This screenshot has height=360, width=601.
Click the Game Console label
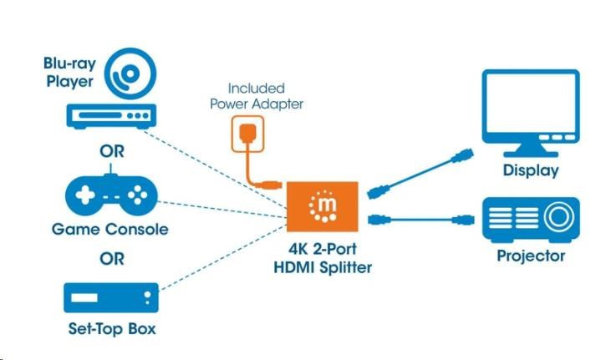110,229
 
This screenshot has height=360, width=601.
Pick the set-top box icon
111,297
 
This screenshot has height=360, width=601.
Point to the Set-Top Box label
111,328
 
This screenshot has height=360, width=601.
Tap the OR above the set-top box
111,258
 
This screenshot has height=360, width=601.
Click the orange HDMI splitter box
323,206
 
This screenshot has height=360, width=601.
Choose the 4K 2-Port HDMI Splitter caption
322,258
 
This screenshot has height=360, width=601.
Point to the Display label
531,170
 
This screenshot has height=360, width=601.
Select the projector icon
531,219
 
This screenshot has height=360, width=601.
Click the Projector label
531,256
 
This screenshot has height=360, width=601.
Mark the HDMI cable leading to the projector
418,221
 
